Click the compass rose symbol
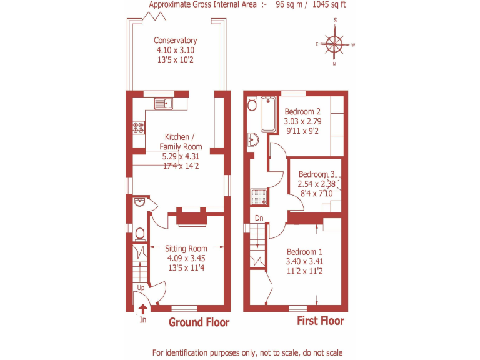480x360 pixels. pos(336,44)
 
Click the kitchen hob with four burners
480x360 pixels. pos(138,127)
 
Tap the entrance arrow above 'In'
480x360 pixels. pos(142,308)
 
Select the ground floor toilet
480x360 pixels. pos(140,234)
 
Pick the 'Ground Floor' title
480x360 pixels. pos(199,322)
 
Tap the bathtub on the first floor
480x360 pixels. pos(268,114)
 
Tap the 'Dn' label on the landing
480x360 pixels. pos(258,218)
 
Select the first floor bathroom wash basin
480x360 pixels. pos(253,139)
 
